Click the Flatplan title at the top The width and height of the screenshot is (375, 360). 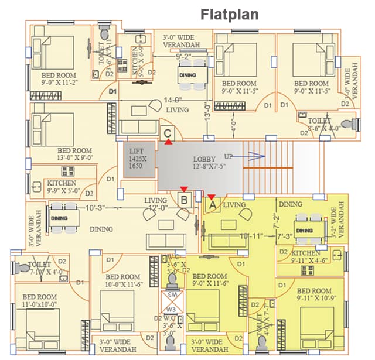230,13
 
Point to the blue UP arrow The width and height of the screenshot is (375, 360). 252,156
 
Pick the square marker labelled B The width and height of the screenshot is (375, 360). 184,200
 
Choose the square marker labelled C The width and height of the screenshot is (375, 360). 168,133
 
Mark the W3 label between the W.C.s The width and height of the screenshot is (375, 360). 172,309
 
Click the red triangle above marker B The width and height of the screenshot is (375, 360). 184,189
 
